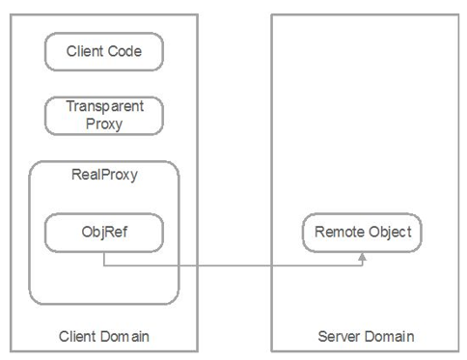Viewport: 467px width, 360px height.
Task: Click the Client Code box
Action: tap(104, 52)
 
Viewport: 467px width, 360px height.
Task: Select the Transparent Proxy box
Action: tap(104, 115)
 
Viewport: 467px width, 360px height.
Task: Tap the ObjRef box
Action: tap(104, 233)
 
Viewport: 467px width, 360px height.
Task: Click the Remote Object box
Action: tap(362, 233)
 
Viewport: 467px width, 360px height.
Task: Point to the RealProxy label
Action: tap(104, 176)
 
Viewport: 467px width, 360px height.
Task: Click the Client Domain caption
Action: tap(104, 336)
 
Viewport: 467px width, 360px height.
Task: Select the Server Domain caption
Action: tap(366, 336)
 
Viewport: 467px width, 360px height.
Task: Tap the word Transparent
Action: tap(104, 107)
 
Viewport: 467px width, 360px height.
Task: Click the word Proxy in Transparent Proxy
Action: tap(104, 124)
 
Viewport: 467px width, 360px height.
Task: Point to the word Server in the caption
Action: tap(340, 336)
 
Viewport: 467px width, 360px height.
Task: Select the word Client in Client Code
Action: tap(85, 52)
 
